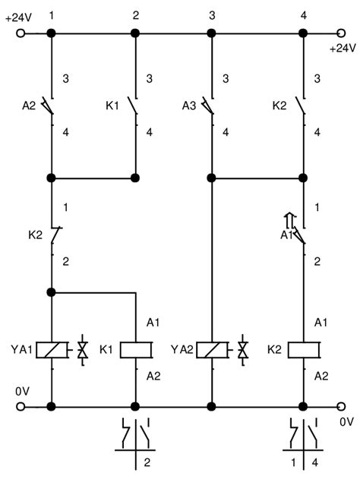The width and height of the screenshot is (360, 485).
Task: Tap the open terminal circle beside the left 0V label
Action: tap(21, 406)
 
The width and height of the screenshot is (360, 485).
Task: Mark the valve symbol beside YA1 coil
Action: tap(82, 351)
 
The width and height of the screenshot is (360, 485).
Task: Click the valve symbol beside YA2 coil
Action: tap(243, 351)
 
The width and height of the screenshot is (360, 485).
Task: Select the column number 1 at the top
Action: tap(52, 15)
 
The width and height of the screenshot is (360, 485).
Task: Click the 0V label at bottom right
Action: tap(346, 420)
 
